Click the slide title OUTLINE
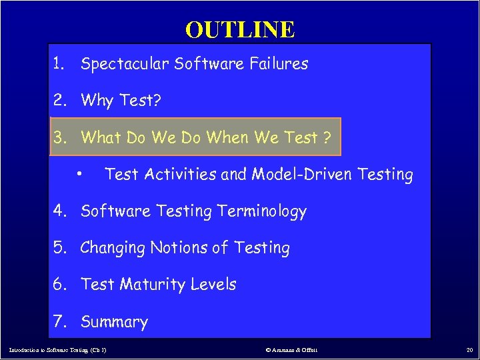pos(240,29)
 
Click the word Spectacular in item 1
pos(125,65)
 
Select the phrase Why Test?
pos(121,101)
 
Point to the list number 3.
pos(60,138)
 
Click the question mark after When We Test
pos(327,138)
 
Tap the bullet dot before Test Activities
pos(79,174)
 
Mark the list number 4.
pos(60,211)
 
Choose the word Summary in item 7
pos(114,322)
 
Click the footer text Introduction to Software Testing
pos(57,349)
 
